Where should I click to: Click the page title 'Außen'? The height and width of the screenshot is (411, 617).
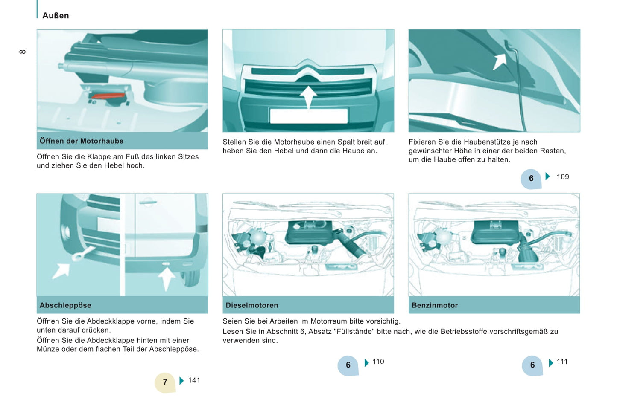pyautogui.click(x=56, y=15)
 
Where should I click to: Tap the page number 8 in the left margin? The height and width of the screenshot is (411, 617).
pyautogui.click(x=23, y=52)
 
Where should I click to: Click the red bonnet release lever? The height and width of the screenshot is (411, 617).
pyautogui.click(x=109, y=96)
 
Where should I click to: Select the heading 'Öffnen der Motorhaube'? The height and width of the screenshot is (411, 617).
pyautogui.click(x=82, y=141)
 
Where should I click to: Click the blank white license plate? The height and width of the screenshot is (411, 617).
pyautogui.click(x=308, y=116)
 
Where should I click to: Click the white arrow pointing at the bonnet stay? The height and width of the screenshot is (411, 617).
pyautogui.click(x=499, y=61)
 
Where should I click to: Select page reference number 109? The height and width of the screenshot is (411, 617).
pyautogui.click(x=562, y=177)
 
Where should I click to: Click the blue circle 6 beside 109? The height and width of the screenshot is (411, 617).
pyautogui.click(x=531, y=178)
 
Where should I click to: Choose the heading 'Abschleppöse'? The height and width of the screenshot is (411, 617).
pyautogui.click(x=65, y=305)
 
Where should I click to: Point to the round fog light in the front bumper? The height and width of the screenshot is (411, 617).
pyautogui.click(x=66, y=232)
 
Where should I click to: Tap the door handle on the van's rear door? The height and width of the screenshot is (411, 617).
pyautogui.click(x=147, y=202)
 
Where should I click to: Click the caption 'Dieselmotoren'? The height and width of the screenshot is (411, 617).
pyautogui.click(x=251, y=305)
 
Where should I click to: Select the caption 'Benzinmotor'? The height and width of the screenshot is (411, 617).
pyautogui.click(x=434, y=305)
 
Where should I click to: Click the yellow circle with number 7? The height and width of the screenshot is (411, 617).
pyautogui.click(x=165, y=382)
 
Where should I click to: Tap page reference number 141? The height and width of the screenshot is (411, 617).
pyautogui.click(x=194, y=380)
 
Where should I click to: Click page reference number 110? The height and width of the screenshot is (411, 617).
pyautogui.click(x=378, y=362)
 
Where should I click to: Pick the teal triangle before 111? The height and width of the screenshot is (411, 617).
pyautogui.click(x=551, y=363)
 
